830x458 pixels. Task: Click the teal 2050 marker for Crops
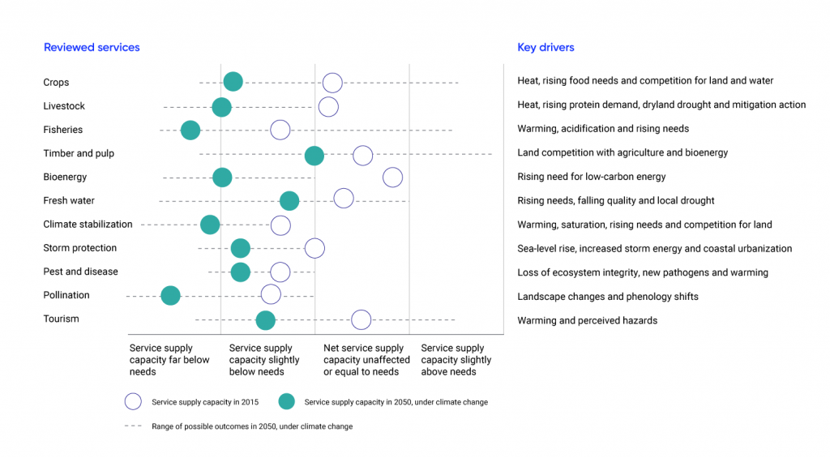point(233,81)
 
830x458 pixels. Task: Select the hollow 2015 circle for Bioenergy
point(392,178)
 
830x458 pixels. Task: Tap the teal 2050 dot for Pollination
point(170,295)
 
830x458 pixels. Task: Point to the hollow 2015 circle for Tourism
point(362,319)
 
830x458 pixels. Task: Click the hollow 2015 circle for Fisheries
point(280,130)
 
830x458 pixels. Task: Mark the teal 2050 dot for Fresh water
point(289,201)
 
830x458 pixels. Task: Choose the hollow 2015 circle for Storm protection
point(314,248)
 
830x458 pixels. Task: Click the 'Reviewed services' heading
point(92,48)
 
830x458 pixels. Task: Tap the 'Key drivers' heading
point(545,48)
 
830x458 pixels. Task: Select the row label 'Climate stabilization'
point(88,225)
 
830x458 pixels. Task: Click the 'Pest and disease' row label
point(80,272)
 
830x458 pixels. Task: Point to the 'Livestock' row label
point(64,106)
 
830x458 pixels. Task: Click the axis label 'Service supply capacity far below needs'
point(169,360)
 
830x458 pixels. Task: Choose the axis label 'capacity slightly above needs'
point(456,360)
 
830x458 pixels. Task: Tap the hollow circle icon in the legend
point(133,401)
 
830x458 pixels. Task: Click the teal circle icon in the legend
point(285,401)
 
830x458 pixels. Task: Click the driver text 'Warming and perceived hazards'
point(587,320)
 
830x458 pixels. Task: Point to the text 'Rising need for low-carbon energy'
point(591,177)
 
